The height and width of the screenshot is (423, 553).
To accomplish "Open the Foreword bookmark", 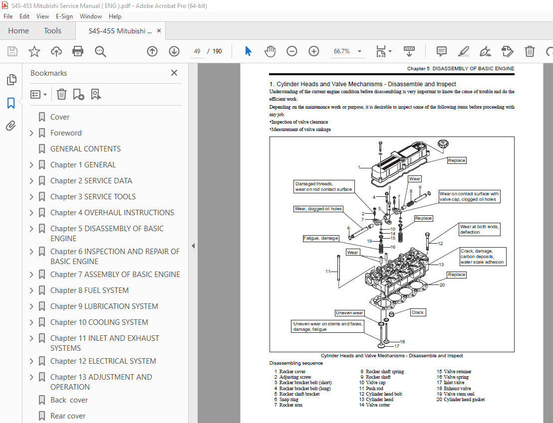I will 66,133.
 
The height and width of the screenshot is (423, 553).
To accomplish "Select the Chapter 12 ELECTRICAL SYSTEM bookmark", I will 103,361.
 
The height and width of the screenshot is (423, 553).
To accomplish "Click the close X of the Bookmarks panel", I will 174,73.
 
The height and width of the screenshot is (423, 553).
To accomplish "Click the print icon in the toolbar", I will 78,51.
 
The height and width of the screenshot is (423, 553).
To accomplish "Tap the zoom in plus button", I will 313,51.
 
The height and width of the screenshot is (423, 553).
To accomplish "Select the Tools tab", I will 52,31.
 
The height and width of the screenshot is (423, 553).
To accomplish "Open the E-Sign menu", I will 64,16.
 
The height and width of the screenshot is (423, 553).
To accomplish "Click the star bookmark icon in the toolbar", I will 34,51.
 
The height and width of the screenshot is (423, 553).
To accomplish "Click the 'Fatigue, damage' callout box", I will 321,238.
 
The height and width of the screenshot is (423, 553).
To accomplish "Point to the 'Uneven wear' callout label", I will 349,313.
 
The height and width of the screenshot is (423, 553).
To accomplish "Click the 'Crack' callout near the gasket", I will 417,312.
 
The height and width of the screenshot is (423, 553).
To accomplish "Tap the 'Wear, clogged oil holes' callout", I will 318,209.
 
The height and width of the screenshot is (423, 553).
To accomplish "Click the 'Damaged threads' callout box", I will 323,187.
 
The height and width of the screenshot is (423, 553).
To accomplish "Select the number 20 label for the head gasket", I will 442,285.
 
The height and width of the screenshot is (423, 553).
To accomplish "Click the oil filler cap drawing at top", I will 443,145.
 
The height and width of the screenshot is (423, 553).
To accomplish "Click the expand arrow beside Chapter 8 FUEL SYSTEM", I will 32,290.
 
